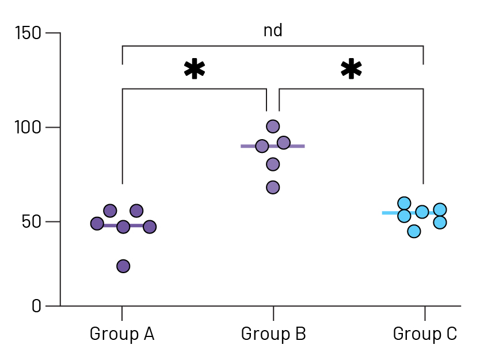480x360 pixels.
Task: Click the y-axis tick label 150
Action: (28, 33)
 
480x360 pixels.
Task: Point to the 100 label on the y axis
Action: (28, 127)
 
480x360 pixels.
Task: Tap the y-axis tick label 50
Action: (32, 221)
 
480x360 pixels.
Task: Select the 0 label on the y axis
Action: (36, 306)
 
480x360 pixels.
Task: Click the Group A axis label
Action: (122, 334)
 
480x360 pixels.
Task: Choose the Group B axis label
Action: (273, 334)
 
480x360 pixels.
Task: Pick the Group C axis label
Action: (425, 334)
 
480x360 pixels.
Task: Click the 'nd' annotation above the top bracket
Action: (273, 30)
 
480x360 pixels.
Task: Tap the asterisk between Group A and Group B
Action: (195, 70)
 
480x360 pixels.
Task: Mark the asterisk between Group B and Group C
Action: (351, 70)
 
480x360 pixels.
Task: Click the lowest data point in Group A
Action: (123, 266)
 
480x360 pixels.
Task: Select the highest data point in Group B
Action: (273, 127)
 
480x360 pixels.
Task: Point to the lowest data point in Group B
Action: (273, 187)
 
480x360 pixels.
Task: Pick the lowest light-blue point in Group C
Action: (414, 231)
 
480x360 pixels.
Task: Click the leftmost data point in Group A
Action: (97, 224)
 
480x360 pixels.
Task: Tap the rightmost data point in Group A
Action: (150, 227)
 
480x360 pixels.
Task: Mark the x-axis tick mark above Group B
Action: (273, 313)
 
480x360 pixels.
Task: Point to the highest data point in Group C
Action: (404, 203)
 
